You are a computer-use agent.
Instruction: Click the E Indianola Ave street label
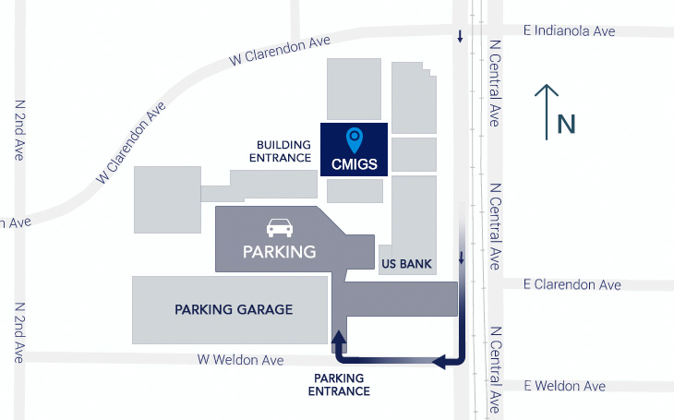569,31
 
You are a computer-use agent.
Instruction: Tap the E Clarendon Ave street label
572,285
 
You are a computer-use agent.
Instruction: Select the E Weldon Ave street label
564,386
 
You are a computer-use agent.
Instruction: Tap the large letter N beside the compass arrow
566,125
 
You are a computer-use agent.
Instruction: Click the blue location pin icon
354,140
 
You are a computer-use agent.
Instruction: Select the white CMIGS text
354,164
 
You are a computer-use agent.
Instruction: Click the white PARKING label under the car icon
279,251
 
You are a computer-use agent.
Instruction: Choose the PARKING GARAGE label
234,310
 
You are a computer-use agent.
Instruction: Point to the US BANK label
406,264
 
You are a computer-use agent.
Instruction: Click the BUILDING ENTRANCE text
283,151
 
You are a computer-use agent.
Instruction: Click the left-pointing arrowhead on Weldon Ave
440,361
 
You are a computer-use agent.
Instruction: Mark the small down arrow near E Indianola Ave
460,38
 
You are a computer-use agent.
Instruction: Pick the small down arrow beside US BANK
460,256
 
